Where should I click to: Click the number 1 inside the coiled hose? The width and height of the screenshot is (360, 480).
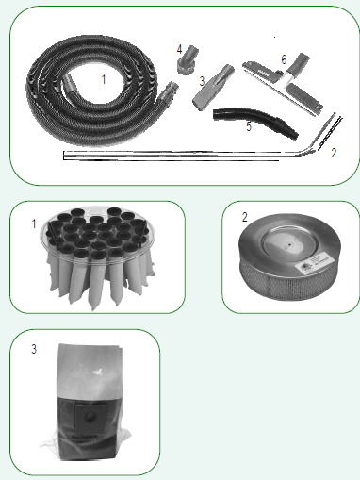[x=104, y=79]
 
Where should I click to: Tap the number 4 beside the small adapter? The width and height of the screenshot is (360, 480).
[x=179, y=49]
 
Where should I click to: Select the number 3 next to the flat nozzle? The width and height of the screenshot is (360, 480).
[x=202, y=81]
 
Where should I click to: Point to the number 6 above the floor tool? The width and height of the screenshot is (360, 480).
[x=284, y=59]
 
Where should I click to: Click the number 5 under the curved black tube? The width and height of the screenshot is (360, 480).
[x=249, y=126]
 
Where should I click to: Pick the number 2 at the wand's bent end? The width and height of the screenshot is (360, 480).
[x=334, y=153]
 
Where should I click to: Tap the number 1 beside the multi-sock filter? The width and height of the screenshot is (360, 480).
[x=34, y=223]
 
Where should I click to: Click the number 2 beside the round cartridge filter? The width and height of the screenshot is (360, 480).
[x=245, y=217]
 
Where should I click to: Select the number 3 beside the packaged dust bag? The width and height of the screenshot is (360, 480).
[x=34, y=349]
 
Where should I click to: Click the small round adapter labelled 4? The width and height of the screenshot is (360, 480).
[x=188, y=60]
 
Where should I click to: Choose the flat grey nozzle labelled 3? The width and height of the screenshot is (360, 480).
[x=213, y=87]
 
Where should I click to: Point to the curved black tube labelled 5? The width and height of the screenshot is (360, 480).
[x=254, y=122]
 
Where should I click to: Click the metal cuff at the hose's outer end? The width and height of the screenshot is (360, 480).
[x=169, y=91]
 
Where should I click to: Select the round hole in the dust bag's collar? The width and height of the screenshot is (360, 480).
[x=90, y=418]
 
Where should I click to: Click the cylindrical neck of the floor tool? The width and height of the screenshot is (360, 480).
[x=299, y=64]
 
